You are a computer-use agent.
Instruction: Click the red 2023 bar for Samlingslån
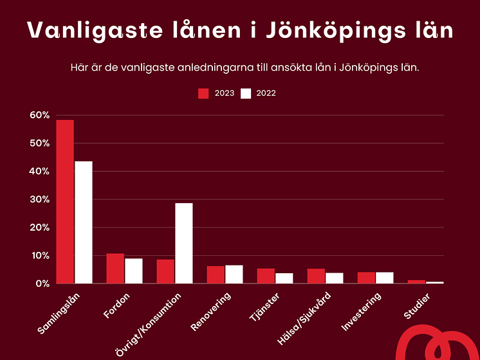pyautogui.click(x=65, y=202)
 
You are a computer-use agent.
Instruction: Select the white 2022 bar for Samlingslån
pyautogui.click(x=84, y=222)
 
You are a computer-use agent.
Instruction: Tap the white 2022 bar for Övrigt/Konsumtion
pyautogui.click(x=184, y=243)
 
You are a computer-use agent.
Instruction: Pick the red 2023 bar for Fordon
pyautogui.click(x=115, y=269)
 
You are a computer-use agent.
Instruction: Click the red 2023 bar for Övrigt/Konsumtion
pyautogui.click(x=165, y=271)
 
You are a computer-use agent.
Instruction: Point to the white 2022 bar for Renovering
pyautogui.click(x=234, y=274)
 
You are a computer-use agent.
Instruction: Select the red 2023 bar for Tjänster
pyautogui.click(x=266, y=276)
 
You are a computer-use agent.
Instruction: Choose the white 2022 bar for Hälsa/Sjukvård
pyautogui.click(x=335, y=278)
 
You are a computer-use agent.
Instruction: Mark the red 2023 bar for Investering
pyautogui.click(x=366, y=278)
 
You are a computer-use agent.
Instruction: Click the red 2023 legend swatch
pyautogui.click(x=203, y=93)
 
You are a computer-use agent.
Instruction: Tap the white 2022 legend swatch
pyautogui.click(x=245, y=93)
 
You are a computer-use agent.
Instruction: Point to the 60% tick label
pyautogui.click(x=39, y=115)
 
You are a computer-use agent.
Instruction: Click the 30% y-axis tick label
pyautogui.click(x=39, y=199)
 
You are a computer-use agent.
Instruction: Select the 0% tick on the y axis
pyautogui.click(x=42, y=283)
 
